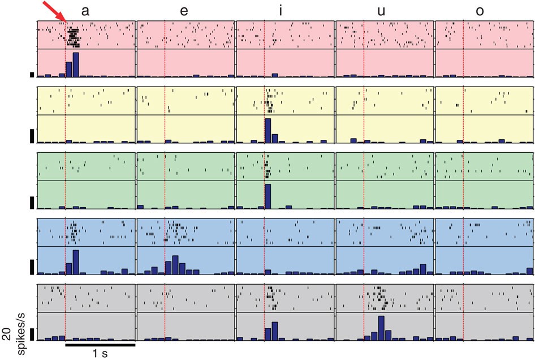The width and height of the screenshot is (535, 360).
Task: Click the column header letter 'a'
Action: click(85, 10)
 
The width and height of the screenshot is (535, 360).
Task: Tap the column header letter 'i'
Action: click(281, 10)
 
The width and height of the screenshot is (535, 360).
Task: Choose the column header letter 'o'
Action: click(480, 10)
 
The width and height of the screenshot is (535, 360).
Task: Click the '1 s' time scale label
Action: click(100, 353)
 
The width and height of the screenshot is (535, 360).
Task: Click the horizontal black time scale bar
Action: click(100, 343)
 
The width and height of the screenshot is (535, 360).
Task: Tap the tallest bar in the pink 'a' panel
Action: click(76, 65)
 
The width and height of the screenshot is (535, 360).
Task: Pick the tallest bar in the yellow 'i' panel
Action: click(268, 130)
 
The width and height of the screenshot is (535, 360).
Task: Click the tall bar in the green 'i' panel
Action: click(268, 196)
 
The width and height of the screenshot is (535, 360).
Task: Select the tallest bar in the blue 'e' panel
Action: click(175, 265)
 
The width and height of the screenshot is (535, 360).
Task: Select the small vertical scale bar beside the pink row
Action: click(32, 74)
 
